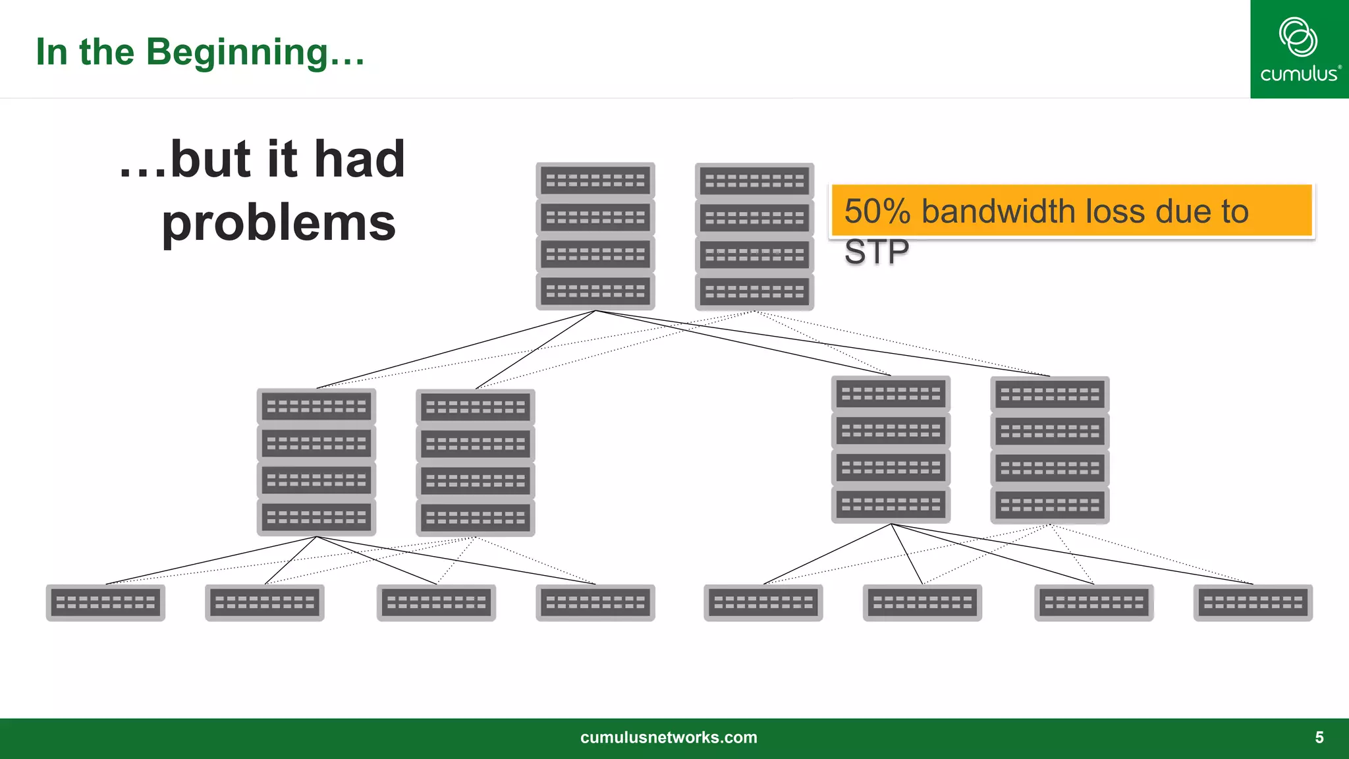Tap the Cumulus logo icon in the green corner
pos(1298,37)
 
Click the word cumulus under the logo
pos(1299,74)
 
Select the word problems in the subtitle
pos(279,223)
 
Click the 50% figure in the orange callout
pos(877,211)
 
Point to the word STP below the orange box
pos(876,252)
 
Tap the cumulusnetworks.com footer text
pos(669,737)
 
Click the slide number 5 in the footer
pos(1319,737)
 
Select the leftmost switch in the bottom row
pos(105,602)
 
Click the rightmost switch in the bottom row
pos(1253,602)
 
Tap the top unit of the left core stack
pos(595,181)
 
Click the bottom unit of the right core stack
pos(754,291)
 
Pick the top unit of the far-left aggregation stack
pos(316,407)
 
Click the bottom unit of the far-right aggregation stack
pos(1050,505)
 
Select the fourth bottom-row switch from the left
pos(595,602)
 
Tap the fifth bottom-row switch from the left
pos(763,602)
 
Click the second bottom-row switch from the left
pos(265,602)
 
